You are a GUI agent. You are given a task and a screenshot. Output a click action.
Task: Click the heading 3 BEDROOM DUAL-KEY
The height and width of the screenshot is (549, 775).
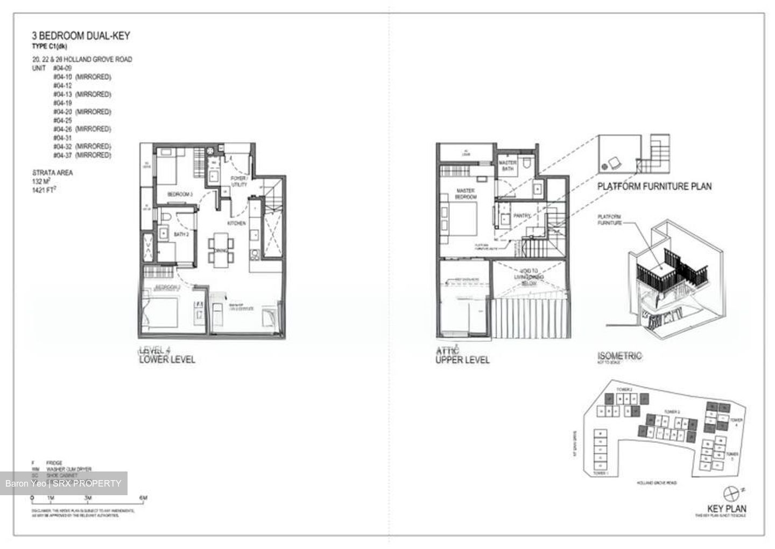tap(81, 36)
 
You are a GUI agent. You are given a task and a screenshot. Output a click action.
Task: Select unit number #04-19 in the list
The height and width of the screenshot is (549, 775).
tap(62, 103)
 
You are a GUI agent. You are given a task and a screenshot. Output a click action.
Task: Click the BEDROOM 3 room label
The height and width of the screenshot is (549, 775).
tap(180, 194)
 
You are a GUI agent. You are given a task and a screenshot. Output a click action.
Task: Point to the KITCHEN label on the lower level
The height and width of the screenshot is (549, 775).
tap(237, 223)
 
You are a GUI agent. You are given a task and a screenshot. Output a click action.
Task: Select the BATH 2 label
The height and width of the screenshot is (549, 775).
tap(181, 235)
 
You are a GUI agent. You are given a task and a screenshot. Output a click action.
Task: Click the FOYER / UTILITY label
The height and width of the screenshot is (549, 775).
tap(239, 181)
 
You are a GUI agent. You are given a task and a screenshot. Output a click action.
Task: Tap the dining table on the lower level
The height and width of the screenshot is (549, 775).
tap(221, 249)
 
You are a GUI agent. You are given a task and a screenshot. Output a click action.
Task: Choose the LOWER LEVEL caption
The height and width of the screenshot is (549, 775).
tap(167, 360)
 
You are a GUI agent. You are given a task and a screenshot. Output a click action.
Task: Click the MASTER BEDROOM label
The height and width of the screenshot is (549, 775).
tap(466, 194)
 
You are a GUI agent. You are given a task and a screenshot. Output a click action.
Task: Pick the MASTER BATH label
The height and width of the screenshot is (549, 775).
tap(508, 165)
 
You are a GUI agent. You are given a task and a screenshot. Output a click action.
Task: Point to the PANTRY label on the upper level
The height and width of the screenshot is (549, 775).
tap(522, 215)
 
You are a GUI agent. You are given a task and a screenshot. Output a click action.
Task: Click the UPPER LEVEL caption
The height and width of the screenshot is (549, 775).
tap(462, 360)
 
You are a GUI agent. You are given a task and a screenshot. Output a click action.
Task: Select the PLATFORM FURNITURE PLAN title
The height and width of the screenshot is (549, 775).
tap(654, 186)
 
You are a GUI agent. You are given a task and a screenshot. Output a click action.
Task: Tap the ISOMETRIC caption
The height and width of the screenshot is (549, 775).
tap(619, 356)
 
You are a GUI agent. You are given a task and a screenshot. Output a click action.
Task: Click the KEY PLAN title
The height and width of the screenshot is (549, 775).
tap(727, 509)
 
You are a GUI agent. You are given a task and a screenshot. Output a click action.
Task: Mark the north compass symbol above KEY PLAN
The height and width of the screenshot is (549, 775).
tap(731, 492)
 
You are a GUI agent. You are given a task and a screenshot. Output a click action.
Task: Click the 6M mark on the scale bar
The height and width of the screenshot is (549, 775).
tap(143, 498)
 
